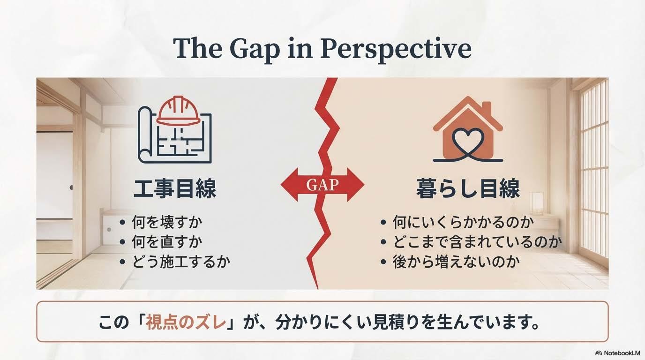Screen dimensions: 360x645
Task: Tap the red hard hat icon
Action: coord(178,111)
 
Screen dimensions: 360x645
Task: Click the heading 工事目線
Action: coord(175,189)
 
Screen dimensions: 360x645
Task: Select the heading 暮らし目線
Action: coord(468,189)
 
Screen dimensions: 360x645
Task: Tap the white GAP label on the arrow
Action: coord(322,184)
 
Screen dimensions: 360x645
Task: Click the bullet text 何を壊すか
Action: coord(166,222)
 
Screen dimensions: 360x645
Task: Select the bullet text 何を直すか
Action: coord(166,242)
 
